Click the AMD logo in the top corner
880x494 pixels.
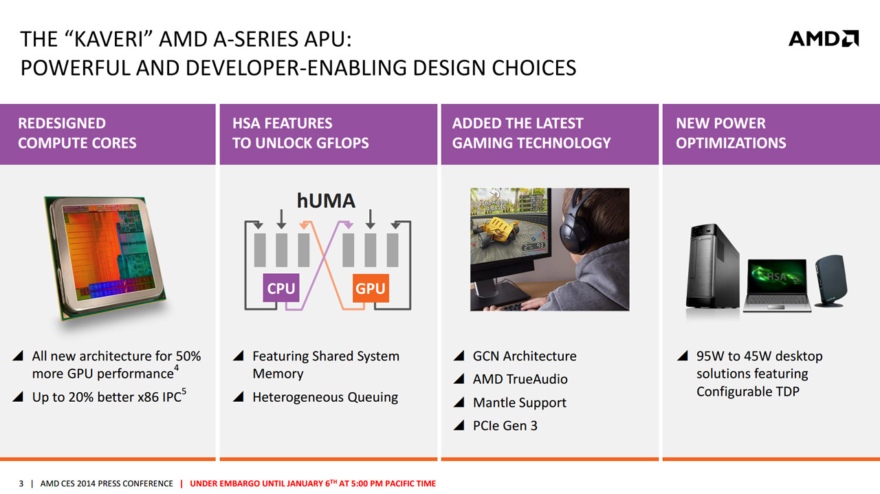824,39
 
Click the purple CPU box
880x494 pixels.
281,288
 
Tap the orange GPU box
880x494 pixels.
371,288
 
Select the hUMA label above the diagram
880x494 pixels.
326,201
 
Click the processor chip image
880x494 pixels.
105,257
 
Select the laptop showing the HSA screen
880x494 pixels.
777,285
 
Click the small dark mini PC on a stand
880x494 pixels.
831,281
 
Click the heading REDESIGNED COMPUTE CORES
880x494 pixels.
77,133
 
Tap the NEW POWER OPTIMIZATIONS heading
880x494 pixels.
731,133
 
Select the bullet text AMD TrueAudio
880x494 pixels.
520,379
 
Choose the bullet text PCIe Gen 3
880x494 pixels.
505,426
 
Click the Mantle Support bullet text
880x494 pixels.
519,402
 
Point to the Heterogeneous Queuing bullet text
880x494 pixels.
325,397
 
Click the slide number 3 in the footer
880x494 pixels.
21,484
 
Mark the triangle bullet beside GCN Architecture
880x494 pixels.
459,356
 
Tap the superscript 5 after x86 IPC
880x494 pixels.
184,391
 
